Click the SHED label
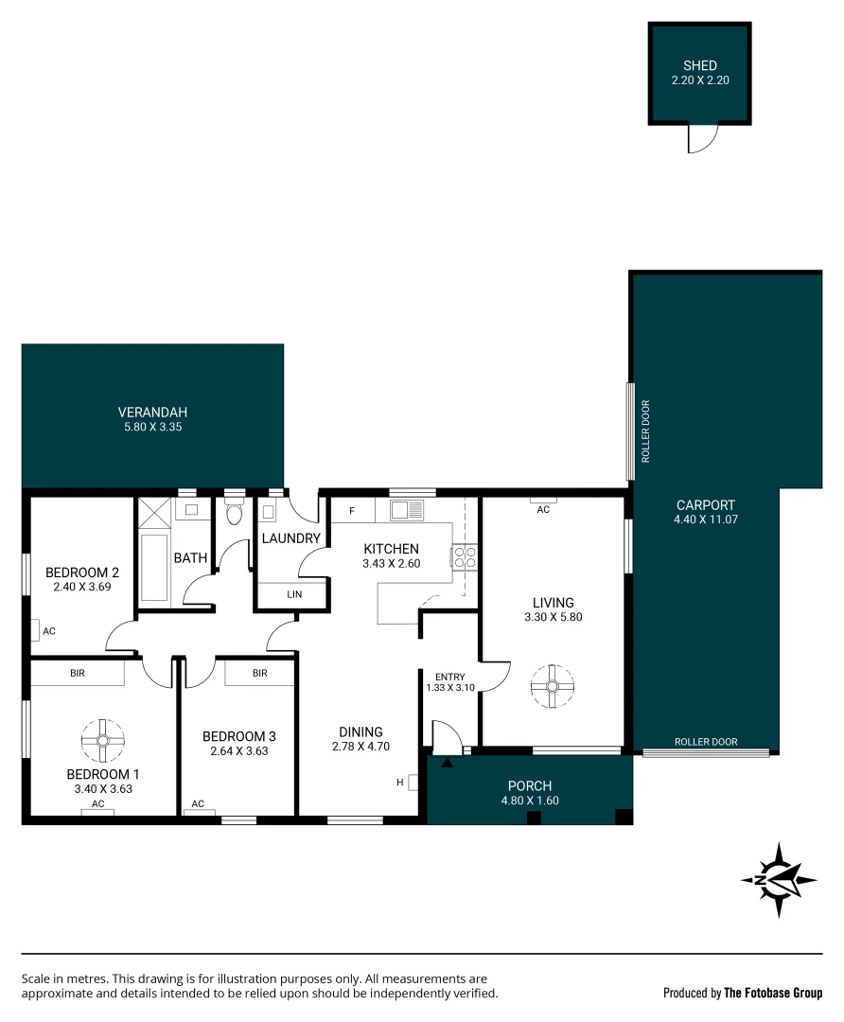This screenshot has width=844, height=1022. [700, 65]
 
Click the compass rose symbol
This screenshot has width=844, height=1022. [778, 879]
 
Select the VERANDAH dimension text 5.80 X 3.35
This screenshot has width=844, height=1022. [152, 427]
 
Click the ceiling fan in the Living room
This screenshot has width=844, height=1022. [553, 686]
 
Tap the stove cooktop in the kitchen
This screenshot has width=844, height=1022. [464, 555]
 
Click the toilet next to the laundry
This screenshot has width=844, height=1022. [235, 514]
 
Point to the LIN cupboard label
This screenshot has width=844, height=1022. [293, 594]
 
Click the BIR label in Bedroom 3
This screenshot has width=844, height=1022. [259, 673]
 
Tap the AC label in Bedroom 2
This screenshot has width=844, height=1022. [49, 630]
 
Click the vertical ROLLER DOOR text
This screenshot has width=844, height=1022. [646, 432]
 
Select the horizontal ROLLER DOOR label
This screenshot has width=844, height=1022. [706, 742]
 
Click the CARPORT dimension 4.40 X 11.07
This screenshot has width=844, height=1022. [705, 520]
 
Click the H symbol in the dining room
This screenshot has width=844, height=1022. [400, 782]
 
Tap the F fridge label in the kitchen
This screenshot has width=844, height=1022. [352, 511]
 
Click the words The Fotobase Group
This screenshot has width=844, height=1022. [773, 993]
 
